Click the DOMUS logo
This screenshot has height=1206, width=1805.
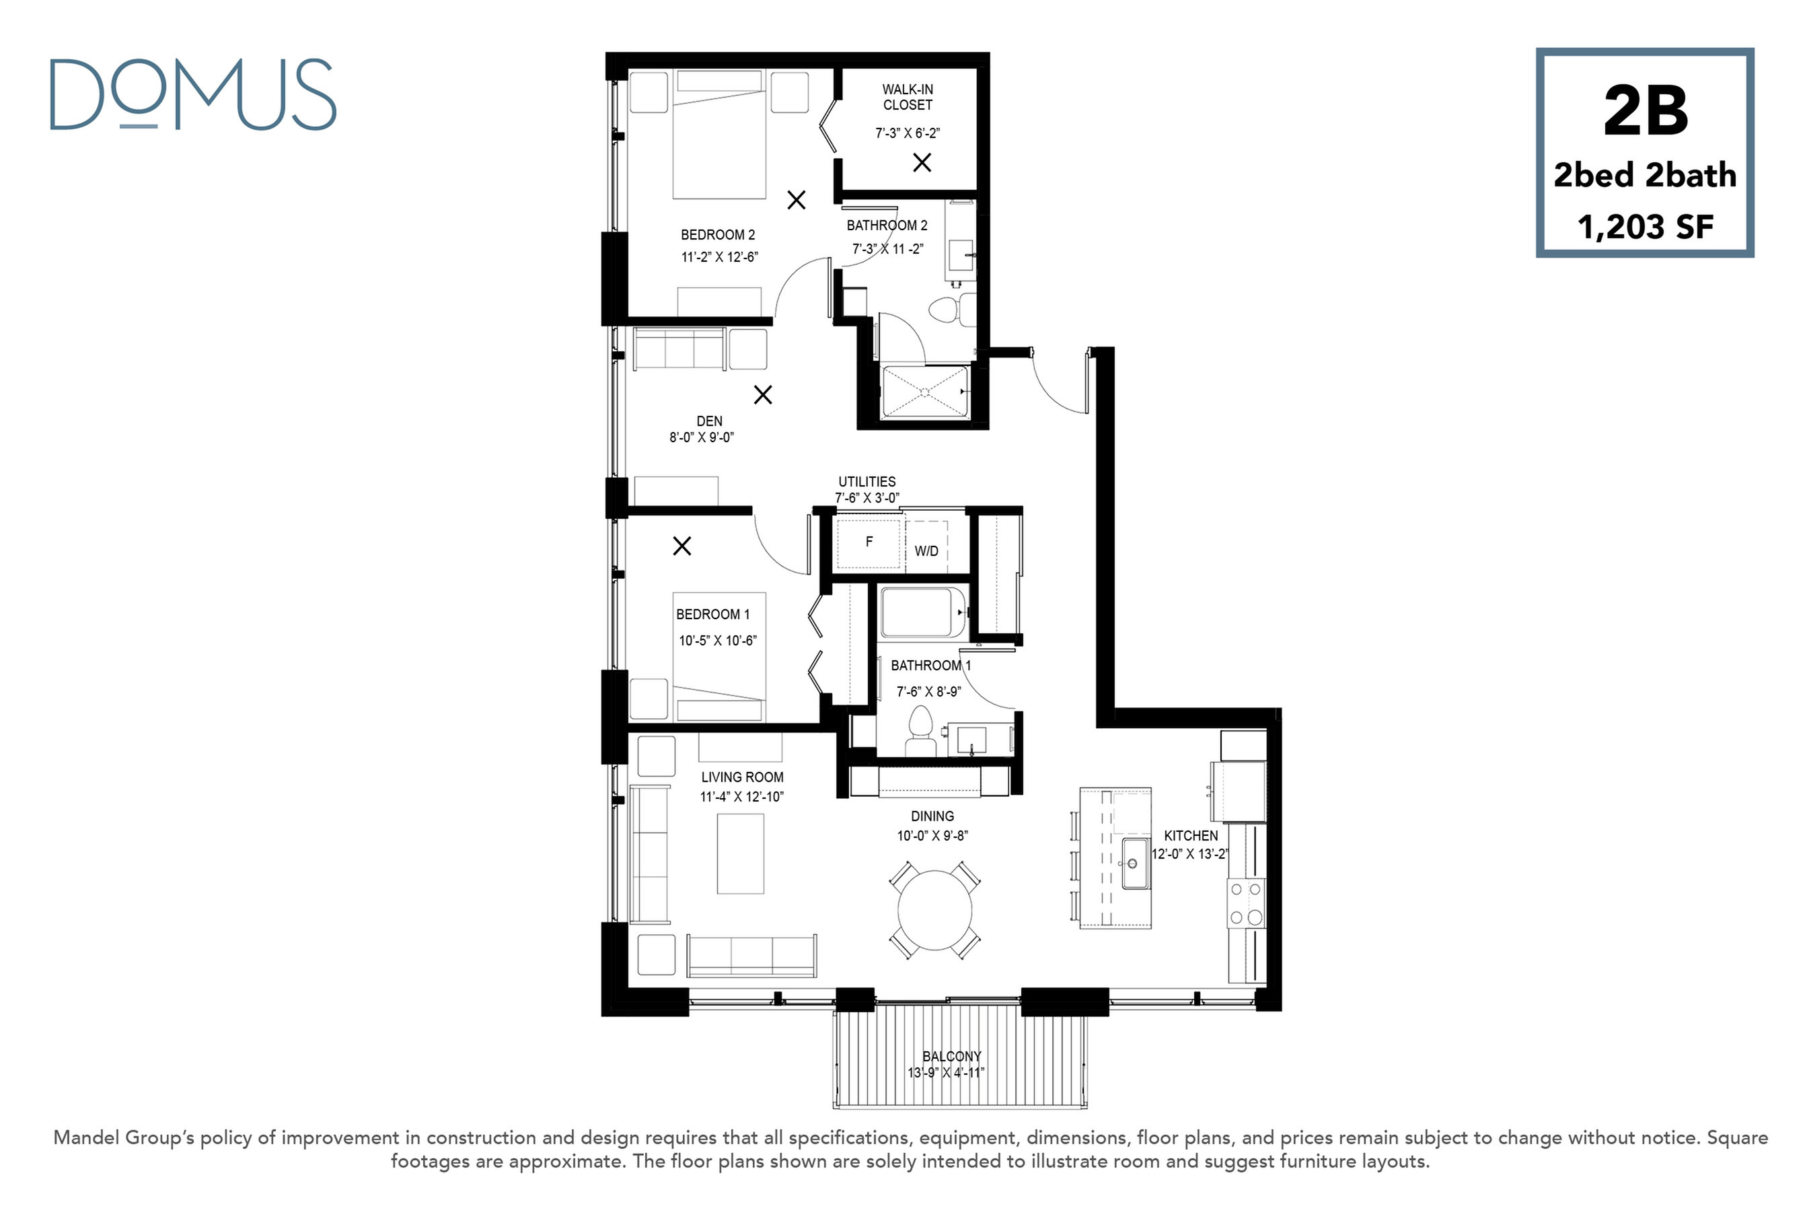pyautogui.click(x=193, y=95)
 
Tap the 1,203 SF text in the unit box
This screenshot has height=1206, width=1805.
pyautogui.click(x=1646, y=227)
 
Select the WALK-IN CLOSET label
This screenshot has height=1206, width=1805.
pyautogui.click(x=907, y=97)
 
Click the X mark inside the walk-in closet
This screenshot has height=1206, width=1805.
pyautogui.click(x=922, y=162)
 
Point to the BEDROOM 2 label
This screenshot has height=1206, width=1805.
pyautogui.click(x=718, y=235)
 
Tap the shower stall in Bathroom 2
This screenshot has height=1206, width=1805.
pyautogui.click(x=925, y=393)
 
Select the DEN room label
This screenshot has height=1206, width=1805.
pyautogui.click(x=710, y=421)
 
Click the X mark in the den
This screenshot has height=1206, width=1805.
pyautogui.click(x=763, y=394)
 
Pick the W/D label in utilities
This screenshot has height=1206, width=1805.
pyautogui.click(x=926, y=551)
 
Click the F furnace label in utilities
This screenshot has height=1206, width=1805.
pyautogui.click(x=869, y=542)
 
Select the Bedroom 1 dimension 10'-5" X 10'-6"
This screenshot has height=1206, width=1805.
pyautogui.click(x=718, y=640)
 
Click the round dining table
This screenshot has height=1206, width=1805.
pyautogui.click(x=934, y=911)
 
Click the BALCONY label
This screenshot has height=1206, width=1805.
pyautogui.click(x=952, y=1056)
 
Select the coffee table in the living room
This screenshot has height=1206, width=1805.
pyautogui.click(x=740, y=854)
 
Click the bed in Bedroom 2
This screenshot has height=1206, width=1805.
pyautogui.click(x=719, y=135)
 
